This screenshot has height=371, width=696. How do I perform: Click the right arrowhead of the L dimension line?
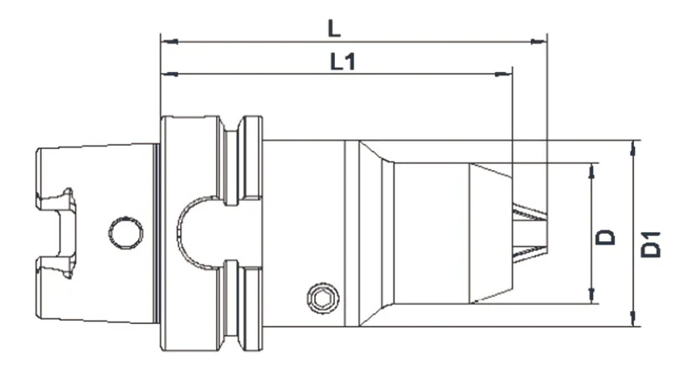click(540, 39)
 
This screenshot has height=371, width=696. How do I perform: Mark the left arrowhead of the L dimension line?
click(168, 39)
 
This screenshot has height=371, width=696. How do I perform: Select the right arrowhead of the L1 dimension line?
click(504, 74)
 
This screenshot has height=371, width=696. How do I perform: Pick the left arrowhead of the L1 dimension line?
click(168, 74)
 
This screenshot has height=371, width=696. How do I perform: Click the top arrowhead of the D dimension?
click(594, 169)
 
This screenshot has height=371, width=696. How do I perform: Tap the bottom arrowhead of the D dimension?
click(594, 297)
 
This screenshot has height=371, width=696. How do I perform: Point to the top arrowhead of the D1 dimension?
click(632, 146)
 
